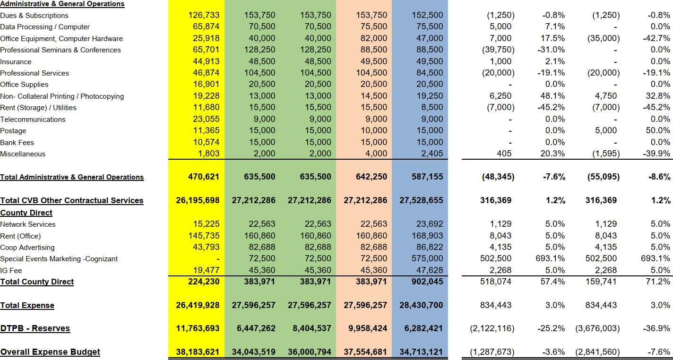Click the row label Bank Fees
pos(17,142)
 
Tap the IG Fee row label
pos(11,270)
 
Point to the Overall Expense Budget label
pos(50,352)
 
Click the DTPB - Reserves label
pos(35,328)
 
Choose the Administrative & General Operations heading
pos(62,4)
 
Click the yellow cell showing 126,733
pos(204,15)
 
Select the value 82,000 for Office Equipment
pos(371,38)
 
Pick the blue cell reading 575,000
pos(427,258)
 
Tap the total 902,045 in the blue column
pos(427,282)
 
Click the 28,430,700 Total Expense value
pos(421,305)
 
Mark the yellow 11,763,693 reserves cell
pos(198,328)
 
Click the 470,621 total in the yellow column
pos(204,177)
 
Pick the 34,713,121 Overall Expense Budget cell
pos(421,352)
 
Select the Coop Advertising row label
pos(27,247)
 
